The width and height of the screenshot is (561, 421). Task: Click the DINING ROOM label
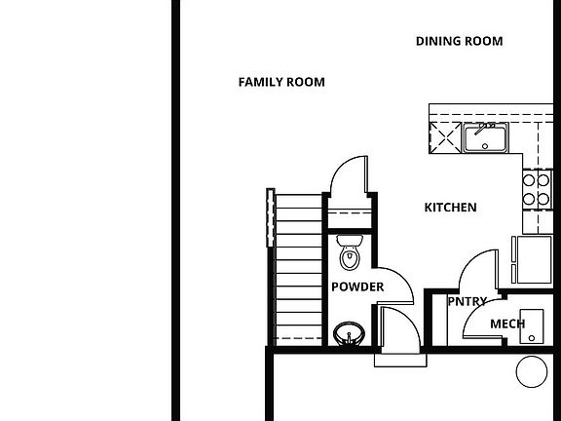[x=459, y=41]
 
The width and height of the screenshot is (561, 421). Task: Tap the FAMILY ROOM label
[x=281, y=82]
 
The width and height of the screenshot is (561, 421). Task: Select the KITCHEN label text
[x=450, y=208]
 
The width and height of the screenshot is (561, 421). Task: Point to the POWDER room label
[x=357, y=287]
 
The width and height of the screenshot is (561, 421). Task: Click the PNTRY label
[x=467, y=301]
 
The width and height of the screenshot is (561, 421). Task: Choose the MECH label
[x=507, y=324]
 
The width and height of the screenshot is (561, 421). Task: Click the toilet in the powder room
[x=350, y=252]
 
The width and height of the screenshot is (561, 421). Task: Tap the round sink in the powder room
[x=349, y=333]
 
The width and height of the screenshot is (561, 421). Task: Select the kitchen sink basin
[x=485, y=138]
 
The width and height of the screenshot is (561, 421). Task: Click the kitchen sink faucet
[x=484, y=128]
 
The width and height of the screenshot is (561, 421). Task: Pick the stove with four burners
[x=536, y=190]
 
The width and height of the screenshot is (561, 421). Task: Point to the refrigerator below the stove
[x=532, y=259]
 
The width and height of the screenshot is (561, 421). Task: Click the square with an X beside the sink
[x=445, y=137]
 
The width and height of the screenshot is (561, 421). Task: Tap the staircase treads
[x=299, y=270]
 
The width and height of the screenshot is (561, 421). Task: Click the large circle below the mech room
[x=532, y=371]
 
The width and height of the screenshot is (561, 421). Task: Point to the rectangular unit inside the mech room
[x=532, y=326]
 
